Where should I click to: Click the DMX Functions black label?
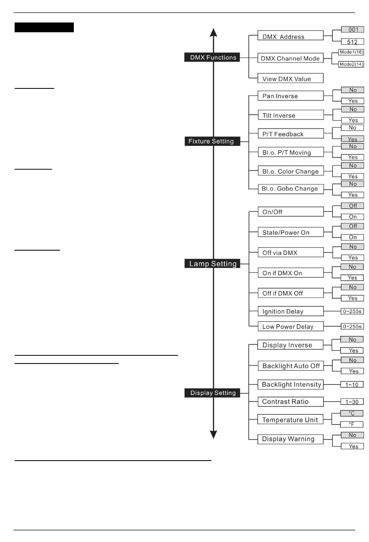tap(212, 57)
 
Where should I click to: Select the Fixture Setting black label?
tap(212, 141)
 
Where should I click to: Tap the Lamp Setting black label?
tap(212, 264)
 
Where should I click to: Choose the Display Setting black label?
tap(212, 393)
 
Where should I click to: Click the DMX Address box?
tap(290, 36)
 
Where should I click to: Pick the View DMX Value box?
tap(290, 78)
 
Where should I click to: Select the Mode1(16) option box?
tap(351, 52)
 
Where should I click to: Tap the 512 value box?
tap(352, 42)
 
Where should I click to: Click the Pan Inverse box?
tap(290, 96)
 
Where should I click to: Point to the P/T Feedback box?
tap(290, 134)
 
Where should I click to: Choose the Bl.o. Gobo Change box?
tap(290, 189)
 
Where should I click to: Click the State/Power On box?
tap(290, 232)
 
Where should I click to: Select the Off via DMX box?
tap(290, 253)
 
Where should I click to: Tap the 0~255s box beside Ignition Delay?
tap(352, 311)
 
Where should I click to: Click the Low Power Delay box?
tap(290, 326)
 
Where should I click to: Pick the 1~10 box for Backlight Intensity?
tap(352, 384)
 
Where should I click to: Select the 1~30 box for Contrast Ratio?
tap(352, 402)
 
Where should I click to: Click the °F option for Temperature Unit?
tap(352, 424)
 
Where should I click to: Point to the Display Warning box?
tap(290, 439)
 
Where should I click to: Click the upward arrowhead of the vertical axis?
tap(213, 33)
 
